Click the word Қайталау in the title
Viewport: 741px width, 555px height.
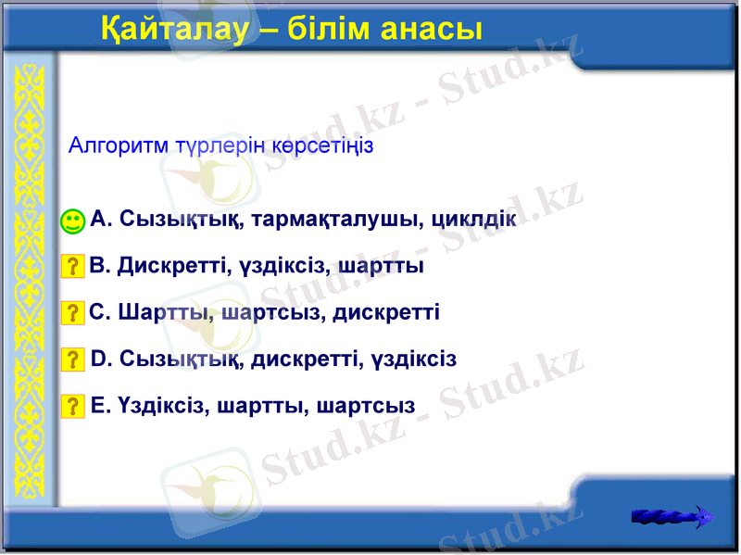(x=173, y=30)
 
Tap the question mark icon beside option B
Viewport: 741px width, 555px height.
(x=72, y=267)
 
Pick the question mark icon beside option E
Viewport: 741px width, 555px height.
(x=72, y=406)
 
